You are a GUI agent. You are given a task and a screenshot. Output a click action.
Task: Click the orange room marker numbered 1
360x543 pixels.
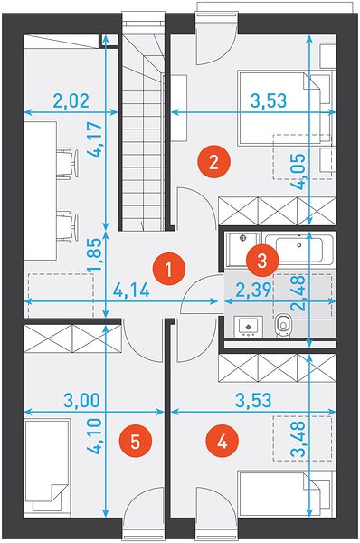point(169,269)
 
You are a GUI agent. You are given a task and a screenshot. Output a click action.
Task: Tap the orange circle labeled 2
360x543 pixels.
point(213,162)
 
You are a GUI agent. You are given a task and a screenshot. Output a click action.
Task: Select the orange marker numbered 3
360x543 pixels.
point(262,260)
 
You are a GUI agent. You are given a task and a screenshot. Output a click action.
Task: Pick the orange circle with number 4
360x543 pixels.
point(222,442)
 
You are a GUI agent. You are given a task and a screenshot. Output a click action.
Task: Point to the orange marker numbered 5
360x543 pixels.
point(135,442)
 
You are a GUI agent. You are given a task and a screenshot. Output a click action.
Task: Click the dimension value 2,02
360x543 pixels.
point(71,100)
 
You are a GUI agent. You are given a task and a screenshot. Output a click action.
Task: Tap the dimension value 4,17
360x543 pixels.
point(96,139)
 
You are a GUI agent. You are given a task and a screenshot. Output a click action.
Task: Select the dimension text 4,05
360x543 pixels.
point(298,171)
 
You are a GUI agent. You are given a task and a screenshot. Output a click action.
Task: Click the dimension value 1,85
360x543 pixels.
point(96,255)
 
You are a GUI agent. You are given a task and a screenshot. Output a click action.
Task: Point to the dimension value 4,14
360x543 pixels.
point(131,291)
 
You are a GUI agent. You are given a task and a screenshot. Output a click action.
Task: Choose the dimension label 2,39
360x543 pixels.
point(253,291)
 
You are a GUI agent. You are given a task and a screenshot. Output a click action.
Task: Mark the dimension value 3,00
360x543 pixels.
point(81,400)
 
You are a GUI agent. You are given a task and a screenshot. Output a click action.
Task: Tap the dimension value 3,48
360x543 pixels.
point(298,438)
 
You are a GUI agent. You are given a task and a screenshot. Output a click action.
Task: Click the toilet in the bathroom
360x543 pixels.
point(284,325)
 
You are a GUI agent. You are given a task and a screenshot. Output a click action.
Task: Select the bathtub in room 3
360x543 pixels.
point(299,249)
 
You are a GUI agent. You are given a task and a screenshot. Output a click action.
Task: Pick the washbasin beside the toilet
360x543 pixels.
point(248,326)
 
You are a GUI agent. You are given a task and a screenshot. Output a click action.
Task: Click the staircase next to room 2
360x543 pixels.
point(143,131)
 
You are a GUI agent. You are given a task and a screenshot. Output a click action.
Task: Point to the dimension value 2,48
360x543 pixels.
point(298,292)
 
